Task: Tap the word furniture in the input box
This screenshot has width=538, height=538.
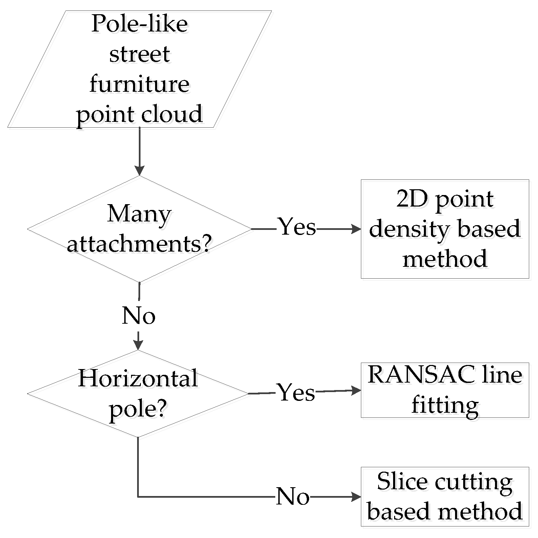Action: (x=139, y=84)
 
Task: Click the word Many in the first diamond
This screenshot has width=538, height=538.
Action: (x=139, y=214)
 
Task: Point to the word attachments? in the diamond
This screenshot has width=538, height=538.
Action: (x=139, y=243)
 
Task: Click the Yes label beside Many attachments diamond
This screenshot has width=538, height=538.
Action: (x=297, y=227)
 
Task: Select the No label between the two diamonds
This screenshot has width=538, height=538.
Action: (x=138, y=316)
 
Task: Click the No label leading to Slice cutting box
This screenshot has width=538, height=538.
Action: (x=293, y=497)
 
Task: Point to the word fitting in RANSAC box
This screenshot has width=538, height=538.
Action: (x=445, y=405)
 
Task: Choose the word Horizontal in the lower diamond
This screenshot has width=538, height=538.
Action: (x=138, y=378)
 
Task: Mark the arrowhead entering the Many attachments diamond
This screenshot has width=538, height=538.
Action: (x=139, y=171)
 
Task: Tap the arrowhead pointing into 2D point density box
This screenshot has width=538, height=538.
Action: (x=357, y=229)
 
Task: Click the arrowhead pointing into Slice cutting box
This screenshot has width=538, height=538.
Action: (x=357, y=497)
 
